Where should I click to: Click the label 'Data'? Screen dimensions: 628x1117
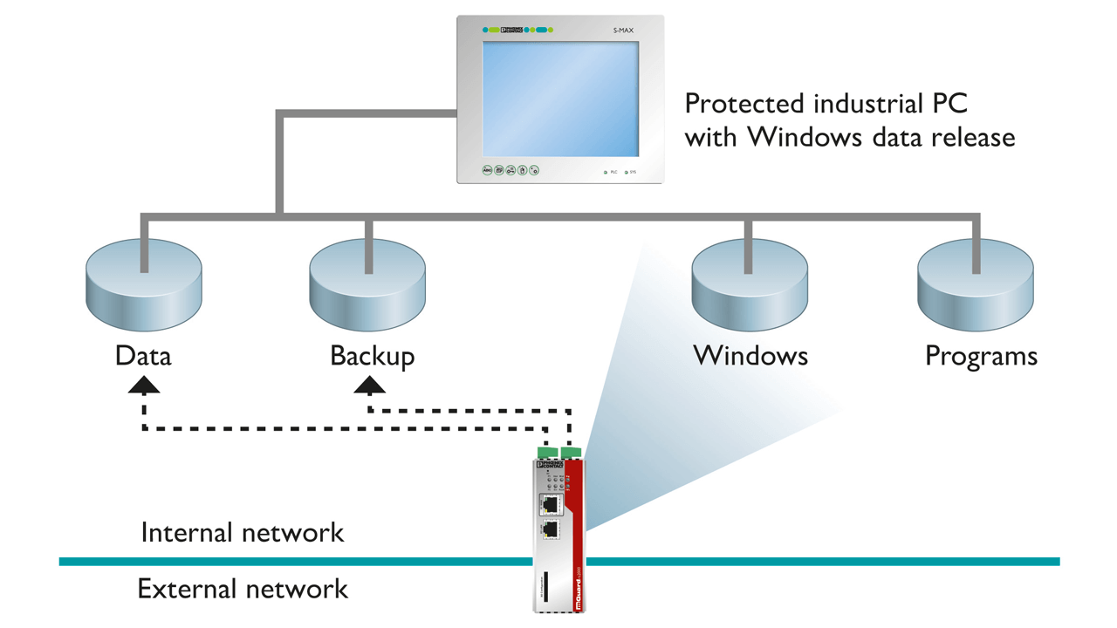point(143,356)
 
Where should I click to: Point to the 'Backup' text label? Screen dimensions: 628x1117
point(372,357)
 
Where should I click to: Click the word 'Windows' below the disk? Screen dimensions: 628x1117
point(750,356)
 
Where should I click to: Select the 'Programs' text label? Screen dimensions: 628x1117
point(981,357)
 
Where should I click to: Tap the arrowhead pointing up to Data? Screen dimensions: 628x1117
point(144,385)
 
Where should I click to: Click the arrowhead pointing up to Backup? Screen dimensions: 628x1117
point(370,385)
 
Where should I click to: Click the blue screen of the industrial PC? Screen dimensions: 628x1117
point(560,99)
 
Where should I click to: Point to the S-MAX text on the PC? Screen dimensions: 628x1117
point(623,31)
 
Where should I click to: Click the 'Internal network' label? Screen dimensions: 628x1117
point(243,533)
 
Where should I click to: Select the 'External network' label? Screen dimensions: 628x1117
point(243,590)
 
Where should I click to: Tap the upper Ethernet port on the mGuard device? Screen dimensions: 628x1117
point(550,505)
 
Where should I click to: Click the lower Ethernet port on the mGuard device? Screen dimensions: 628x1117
point(550,529)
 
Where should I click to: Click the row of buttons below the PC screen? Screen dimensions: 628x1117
point(511,170)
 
